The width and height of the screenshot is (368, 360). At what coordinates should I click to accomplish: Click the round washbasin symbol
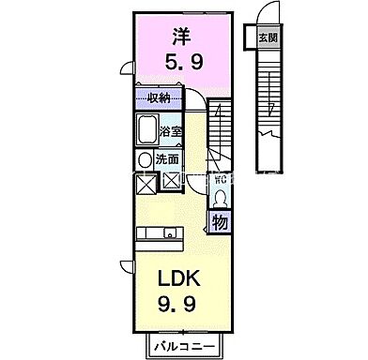coord(145,158)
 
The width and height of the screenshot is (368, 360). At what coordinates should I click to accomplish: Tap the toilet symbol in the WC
coord(221,199)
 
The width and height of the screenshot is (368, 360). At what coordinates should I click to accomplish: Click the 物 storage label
coord(219,222)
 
